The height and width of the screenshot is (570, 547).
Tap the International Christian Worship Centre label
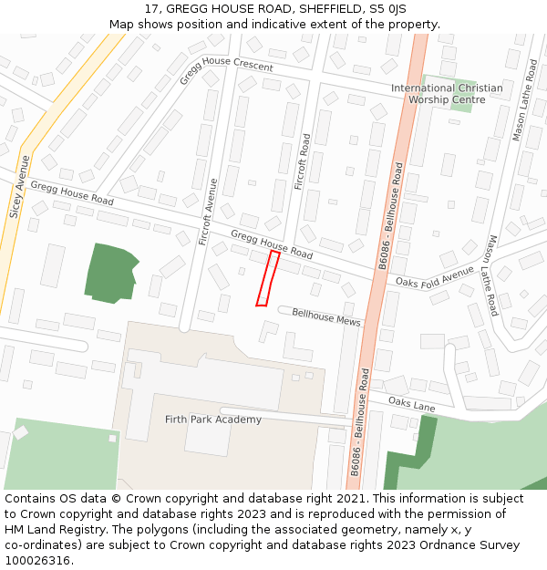pos(447,94)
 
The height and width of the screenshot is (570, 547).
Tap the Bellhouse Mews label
pos(325,317)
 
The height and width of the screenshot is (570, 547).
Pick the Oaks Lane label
pos(411,401)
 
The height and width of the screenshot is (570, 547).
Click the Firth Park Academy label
pos(213,420)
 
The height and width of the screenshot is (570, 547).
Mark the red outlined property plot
pos(267,279)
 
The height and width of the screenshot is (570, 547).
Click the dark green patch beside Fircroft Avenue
pos(109,272)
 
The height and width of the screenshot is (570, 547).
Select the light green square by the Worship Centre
pos(460,100)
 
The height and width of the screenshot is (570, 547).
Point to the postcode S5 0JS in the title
pos(387,9)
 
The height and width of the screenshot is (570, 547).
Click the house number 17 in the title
pos(151,9)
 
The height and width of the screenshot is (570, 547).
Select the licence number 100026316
pos(37,561)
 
